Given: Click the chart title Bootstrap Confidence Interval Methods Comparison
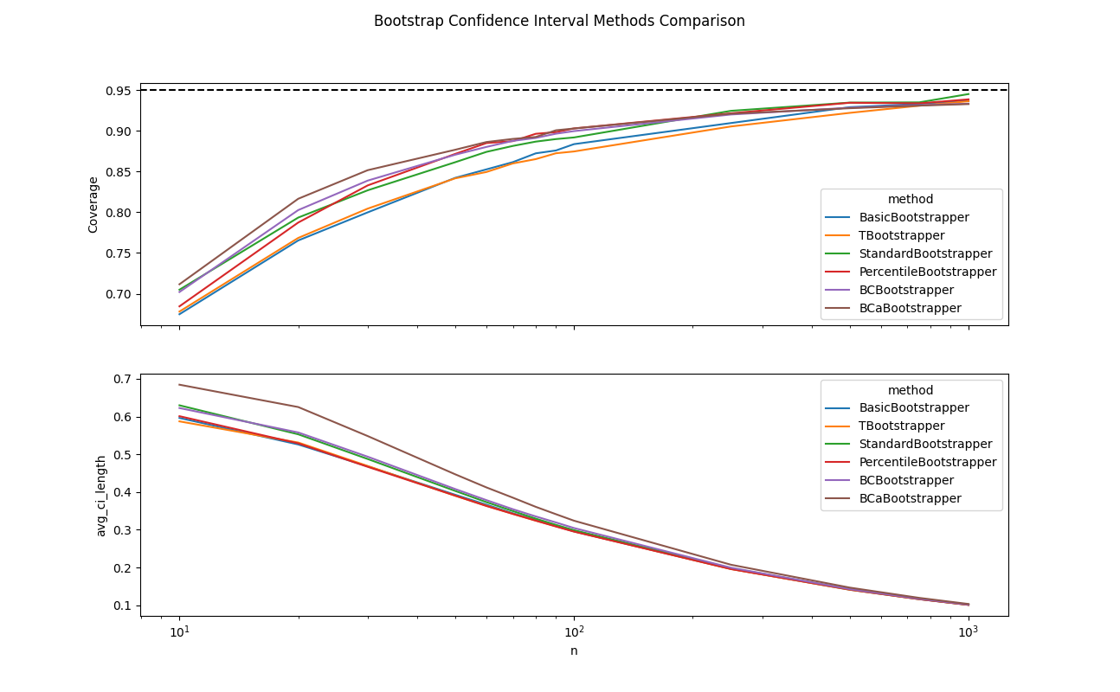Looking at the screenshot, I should pos(559,21).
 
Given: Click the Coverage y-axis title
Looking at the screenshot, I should pos(93,205).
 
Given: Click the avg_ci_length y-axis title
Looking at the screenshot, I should pos(101,496).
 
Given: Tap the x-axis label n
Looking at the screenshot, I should pos(574,650).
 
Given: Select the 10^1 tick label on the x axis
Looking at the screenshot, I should pos(179,632).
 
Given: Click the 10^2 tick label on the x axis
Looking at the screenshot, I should pos(574,632).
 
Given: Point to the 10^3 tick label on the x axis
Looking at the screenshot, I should pos(968,632).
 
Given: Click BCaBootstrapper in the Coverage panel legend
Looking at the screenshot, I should pos(910,308).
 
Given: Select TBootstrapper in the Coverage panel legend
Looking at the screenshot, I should pos(901,235).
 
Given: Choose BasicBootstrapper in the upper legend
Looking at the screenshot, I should pos(913,217).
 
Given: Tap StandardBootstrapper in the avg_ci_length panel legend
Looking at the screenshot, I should pos(925,444).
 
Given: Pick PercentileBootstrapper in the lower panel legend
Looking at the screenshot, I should pos(927,462).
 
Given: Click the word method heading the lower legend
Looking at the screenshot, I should pos(911,390).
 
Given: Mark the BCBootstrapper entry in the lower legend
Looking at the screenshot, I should pos(906,480).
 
